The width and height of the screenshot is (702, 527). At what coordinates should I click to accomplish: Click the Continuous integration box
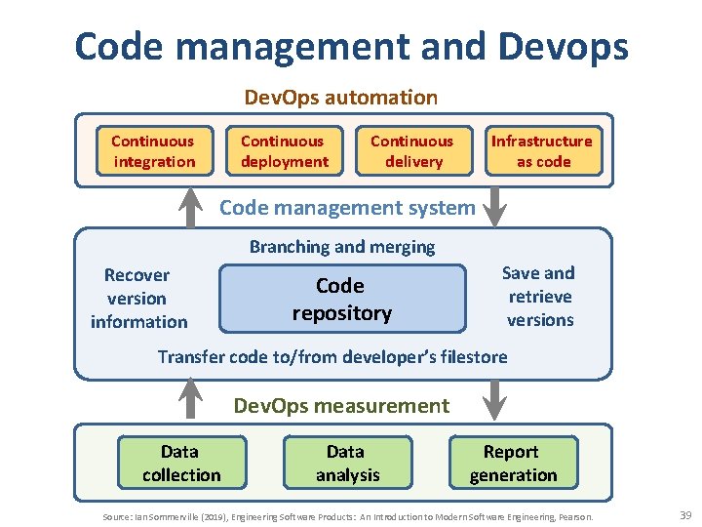(153, 151)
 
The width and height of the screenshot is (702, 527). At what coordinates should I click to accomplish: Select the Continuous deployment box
(284, 151)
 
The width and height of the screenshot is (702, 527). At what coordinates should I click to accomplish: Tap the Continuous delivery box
(413, 151)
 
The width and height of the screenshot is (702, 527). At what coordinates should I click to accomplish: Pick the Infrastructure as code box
(542, 151)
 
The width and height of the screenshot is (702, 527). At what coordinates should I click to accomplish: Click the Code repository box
(342, 300)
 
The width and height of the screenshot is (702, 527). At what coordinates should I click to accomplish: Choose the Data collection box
(180, 464)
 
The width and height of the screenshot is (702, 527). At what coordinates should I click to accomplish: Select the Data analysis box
(346, 464)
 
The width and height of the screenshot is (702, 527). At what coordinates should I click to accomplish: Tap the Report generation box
(513, 464)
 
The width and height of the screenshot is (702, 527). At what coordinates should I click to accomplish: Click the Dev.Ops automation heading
(340, 98)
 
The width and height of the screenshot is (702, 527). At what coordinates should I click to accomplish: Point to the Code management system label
(347, 207)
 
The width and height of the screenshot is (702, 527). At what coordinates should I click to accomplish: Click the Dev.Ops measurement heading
(341, 406)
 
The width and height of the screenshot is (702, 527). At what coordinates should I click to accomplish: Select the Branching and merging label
(342, 247)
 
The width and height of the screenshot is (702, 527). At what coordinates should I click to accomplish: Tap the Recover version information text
(138, 299)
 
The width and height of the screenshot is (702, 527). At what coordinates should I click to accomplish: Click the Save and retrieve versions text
(539, 297)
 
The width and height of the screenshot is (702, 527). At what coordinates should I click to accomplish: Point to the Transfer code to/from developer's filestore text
(332, 356)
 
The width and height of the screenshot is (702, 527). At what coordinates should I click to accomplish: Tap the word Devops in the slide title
(559, 47)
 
